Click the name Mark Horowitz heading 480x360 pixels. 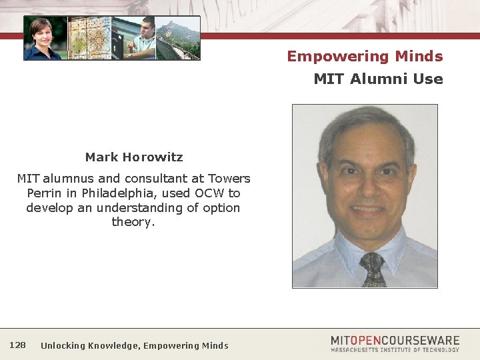133,157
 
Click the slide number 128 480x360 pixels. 18,345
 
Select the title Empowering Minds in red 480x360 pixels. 365,56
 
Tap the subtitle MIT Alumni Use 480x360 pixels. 378,79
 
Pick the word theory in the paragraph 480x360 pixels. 133,222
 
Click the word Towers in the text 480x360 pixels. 229,179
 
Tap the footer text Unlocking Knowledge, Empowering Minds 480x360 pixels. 134,345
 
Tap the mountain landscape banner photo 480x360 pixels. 179,38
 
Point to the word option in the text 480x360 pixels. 221,208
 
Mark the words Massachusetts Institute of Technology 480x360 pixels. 395,349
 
